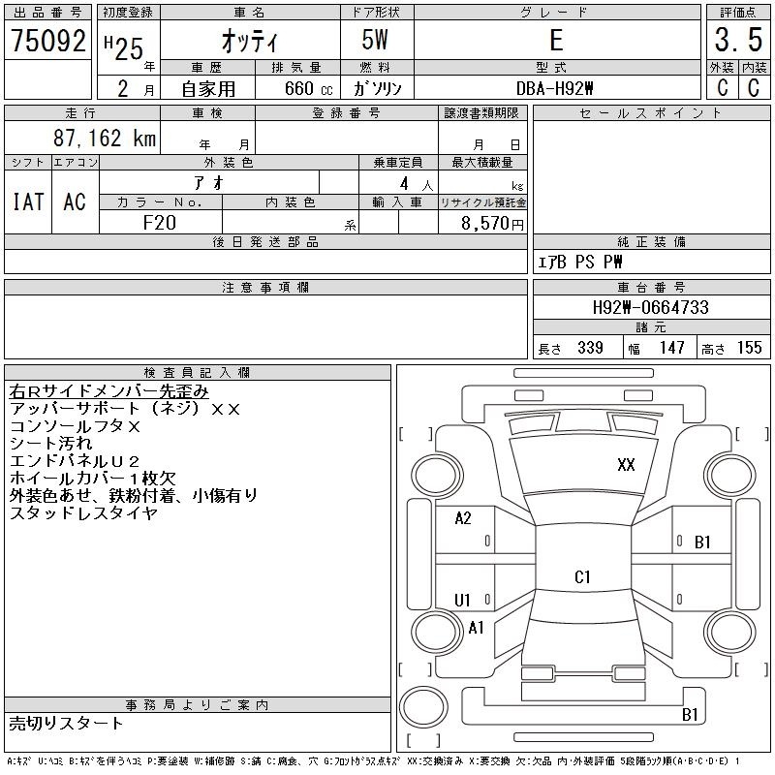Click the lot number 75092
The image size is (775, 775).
pyautogui.click(x=47, y=41)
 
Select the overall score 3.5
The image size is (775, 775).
pyautogui.click(x=738, y=40)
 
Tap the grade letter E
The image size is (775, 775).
pyautogui.click(x=556, y=40)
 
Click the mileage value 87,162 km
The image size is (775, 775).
pyautogui.click(x=105, y=138)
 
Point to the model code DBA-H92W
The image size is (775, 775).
pyautogui.click(x=554, y=88)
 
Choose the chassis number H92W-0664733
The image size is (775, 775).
pyautogui.click(x=650, y=307)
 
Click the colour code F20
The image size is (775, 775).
pyautogui.click(x=159, y=223)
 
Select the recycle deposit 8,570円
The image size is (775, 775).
pyautogui.click(x=492, y=224)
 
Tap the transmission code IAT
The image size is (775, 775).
pyautogui.click(x=28, y=201)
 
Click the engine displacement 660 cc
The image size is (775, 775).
pyautogui.click(x=308, y=89)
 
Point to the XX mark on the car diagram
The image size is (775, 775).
pyautogui.click(x=626, y=465)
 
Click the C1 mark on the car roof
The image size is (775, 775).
pyautogui.click(x=582, y=576)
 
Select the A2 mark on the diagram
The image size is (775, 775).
pyautogui.click(x=463, y=518)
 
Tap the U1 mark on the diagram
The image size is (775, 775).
pyautogui.click(x=462, y=601)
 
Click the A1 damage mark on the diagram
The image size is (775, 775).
pyautogui.click(x=476, y=628)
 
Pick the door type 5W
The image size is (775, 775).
pyautogui.click(x=375, y=40)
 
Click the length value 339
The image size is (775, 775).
pyautogui.click(x=590, y=348)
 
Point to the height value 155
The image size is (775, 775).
pyautogui.click(x=749, y=348)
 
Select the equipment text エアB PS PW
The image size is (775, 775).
pyautogui.click(x=579, y=262)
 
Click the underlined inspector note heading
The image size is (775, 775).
pyautogui.click(x=108, y=391)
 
